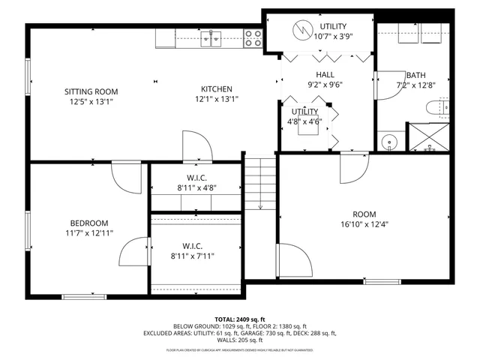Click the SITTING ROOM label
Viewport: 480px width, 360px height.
click(x=91, y=92)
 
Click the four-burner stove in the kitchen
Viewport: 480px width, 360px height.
click(x=253, y=38)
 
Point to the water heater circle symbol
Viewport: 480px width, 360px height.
click(x=303, y=30)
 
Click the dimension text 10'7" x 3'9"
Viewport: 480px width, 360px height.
click(x=334, y=36)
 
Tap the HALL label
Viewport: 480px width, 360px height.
click(x=325, y=74)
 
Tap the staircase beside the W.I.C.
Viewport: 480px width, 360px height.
click(x=259, y=184)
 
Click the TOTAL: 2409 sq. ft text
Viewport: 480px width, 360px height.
click(x=240, y=319)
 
